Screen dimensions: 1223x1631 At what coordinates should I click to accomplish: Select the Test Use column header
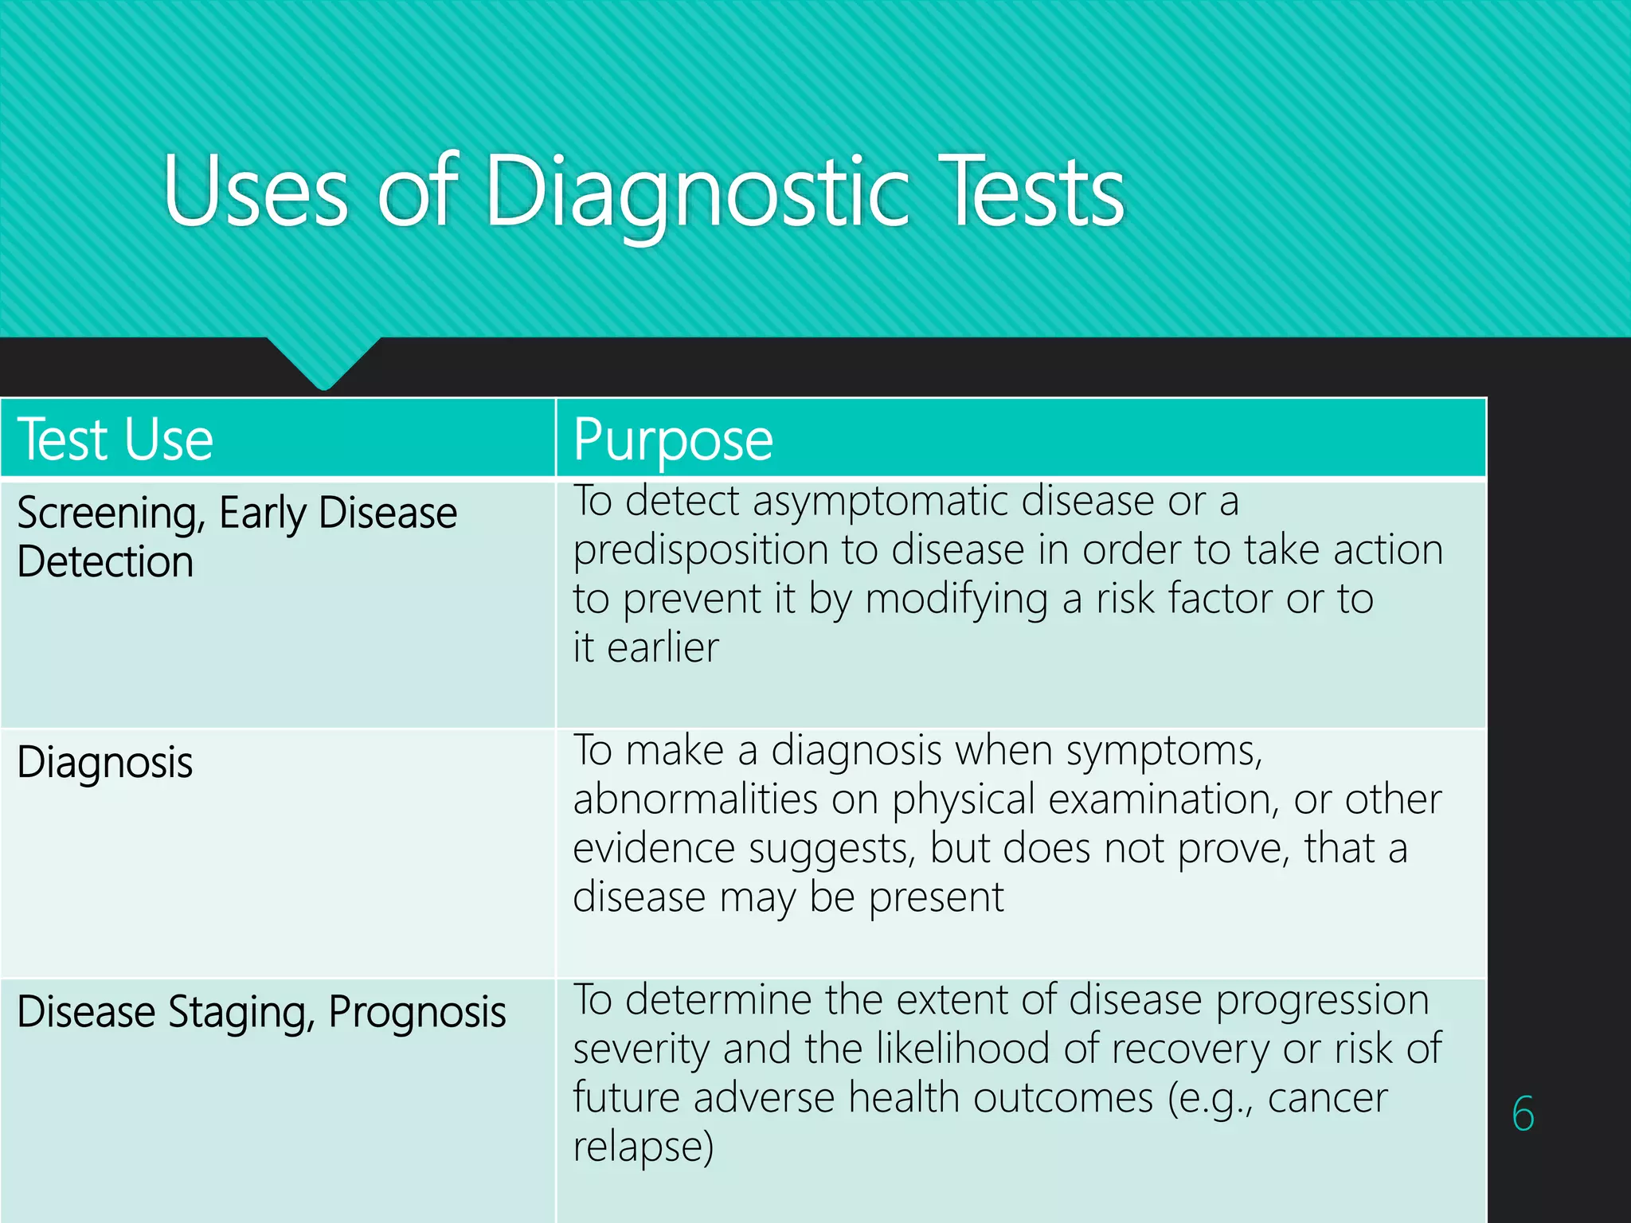click(115, 440)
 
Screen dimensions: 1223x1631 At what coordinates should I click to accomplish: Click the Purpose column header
click(673, 440)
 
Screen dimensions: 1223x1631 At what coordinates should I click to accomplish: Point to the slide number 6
click(1523, 1114)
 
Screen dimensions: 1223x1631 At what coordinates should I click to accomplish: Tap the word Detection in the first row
click(105, 562)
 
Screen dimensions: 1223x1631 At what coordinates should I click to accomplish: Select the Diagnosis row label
click(105, 763)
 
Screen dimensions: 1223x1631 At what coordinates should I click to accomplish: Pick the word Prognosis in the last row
click(417, 1013)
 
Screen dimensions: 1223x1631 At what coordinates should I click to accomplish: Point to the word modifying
click(956, 600)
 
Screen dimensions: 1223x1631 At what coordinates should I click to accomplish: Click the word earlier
click(663, 647)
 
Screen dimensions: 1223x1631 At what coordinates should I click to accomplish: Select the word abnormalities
click(695, 799)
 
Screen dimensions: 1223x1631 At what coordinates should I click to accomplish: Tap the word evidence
click(654, 849)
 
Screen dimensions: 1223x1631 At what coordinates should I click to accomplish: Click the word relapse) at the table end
click(643, 1147)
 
